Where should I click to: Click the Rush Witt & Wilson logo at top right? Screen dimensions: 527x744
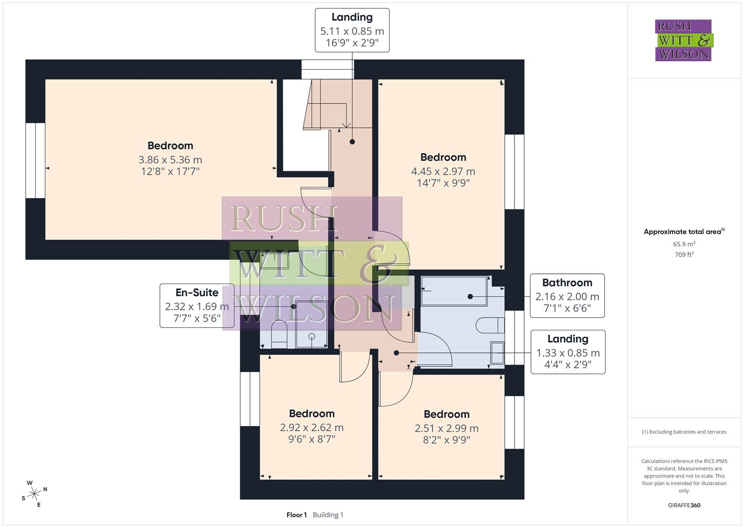point(683,40)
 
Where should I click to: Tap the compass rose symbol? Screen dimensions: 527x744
point(34,494)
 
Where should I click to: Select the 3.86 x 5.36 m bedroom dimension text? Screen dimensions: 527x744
point(170,160)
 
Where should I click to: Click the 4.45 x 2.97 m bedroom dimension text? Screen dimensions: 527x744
point(443,171)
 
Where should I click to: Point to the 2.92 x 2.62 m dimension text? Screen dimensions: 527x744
point(311,427)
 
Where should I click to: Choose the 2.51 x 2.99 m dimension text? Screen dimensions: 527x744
point(446,428)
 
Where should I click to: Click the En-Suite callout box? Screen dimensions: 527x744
point(197,305)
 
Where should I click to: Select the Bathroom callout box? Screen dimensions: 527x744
point(567,296)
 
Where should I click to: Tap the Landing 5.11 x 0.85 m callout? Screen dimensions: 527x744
point(352,30)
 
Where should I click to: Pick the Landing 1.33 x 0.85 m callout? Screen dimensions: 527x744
point(568,352)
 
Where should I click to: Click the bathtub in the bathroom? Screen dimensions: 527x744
point(454,291)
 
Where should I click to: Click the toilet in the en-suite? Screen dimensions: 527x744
point(279,334)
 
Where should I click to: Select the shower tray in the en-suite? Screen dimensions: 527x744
point(311,324)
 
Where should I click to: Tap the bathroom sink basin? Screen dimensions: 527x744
point(497,353)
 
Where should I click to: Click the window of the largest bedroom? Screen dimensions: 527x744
point(35,161)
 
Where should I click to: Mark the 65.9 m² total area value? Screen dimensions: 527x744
point(684,244)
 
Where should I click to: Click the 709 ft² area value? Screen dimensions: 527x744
point(684,255)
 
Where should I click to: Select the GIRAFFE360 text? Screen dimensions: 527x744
point(684,505)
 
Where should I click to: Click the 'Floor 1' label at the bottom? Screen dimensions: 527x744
point(296,515)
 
